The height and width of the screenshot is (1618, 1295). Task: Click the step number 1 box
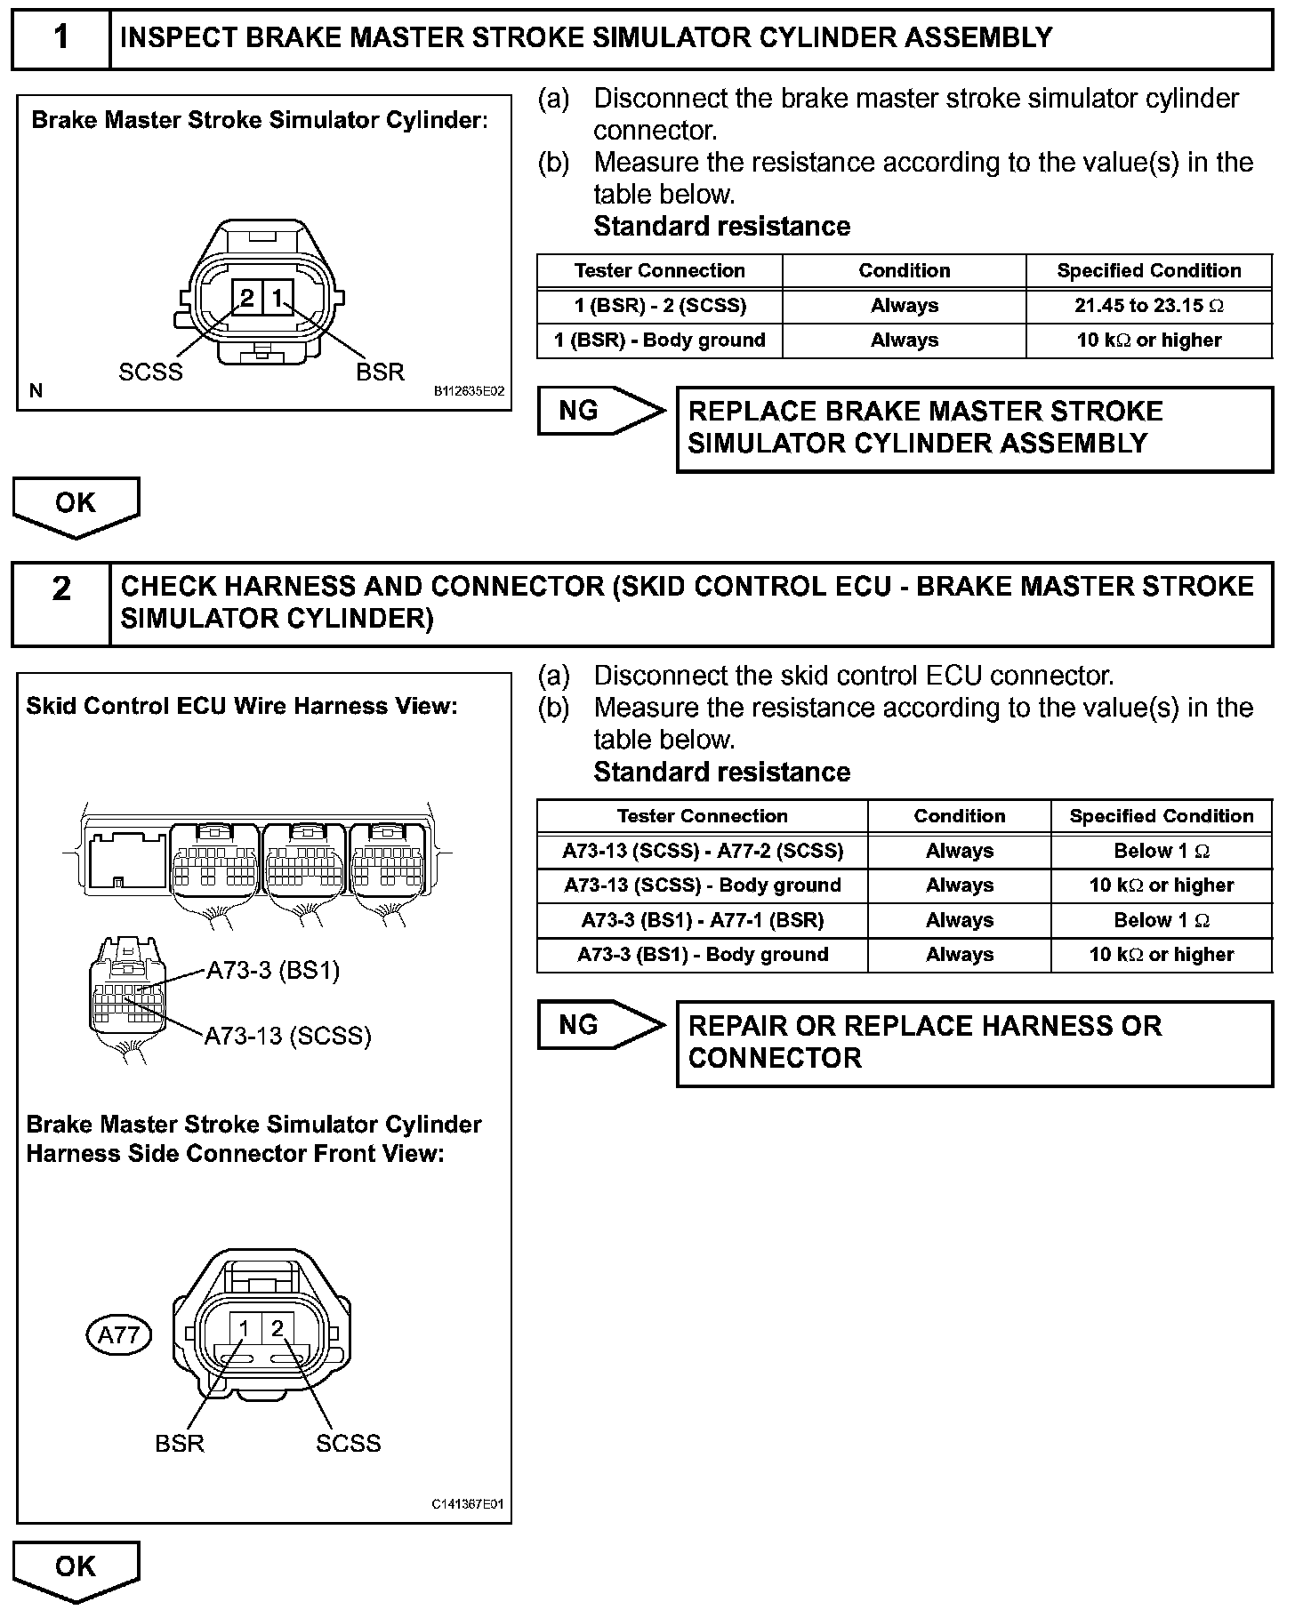point(60,38)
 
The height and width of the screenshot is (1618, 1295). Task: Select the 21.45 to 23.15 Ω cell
point(1148,306)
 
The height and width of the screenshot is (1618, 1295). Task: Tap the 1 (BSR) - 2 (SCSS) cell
point(660,306)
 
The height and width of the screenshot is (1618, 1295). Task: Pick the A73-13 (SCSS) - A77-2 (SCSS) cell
point(702,851)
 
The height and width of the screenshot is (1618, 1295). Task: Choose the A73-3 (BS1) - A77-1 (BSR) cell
point(702,920)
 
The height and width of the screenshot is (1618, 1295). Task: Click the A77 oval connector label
point(119,1334)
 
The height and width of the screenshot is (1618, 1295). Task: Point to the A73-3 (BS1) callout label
point(273,970)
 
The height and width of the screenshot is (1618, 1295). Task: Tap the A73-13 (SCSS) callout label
point(287,1036)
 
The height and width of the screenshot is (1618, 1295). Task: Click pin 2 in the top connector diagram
point(246,298)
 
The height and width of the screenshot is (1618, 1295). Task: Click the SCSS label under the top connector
point(150,372)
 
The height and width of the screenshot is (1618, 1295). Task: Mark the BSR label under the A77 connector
point(180,1442)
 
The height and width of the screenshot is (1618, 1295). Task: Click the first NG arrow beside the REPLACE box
point(600,411)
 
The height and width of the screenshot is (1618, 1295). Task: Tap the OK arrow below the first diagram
point(76,505)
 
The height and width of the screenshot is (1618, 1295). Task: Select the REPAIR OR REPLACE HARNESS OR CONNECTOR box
point(974,1043)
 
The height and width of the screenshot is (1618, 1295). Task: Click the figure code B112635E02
point(469,391)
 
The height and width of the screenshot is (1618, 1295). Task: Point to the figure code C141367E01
point(468,1504)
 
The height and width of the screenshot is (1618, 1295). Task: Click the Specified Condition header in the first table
point(1148,270)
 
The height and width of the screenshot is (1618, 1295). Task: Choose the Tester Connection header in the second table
point(702,816)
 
